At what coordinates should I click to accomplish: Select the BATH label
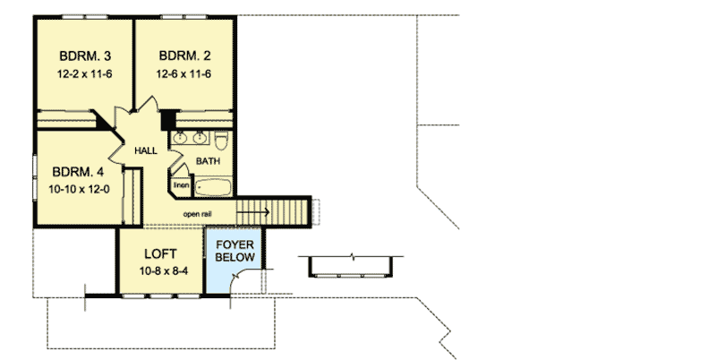pyautogui.click(x=209, y=162)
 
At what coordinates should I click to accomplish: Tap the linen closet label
pyautogui.click(x=182, y=185)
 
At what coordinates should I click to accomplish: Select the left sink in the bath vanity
pyautogui.click(x=179, y=138)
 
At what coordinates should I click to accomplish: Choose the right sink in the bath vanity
pyautogui.click(x=199, y=138)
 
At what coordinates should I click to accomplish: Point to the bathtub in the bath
pyautogui.click(x=213, y=187)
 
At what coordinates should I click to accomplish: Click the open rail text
pyautogui.click(x=198, y=214)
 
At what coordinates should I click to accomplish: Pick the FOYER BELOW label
pyautogui.click(x=235, y=250)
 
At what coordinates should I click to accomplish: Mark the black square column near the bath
pyautogui.click(x=166, y=118)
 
